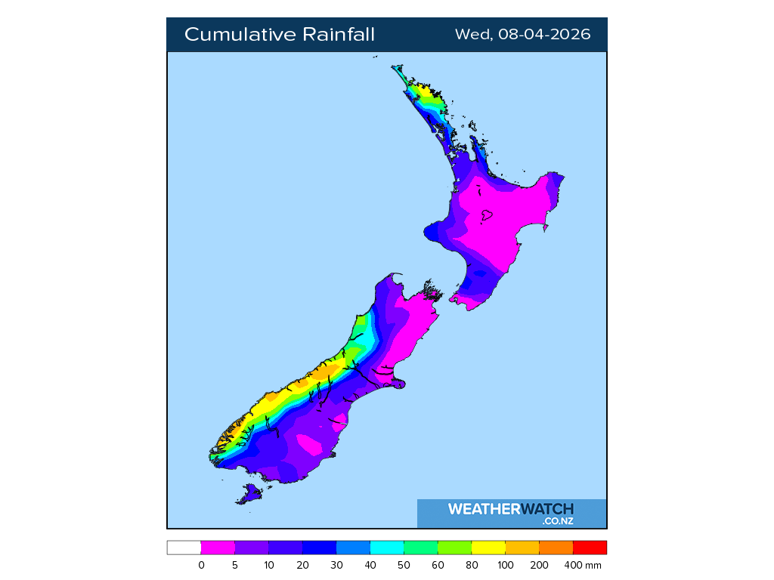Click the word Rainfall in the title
(x=339, y=35)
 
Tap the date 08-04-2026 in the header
(x=544, y=35)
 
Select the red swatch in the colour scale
(x=590, y=548)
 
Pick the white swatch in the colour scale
(x=184, y=548)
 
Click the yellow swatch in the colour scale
(x=488, y=548)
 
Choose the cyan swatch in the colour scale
(x=387, y=548)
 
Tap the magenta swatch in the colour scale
(x=218, y=548)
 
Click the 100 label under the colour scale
(x=506, y=565)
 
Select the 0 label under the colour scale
(x=201, y=565)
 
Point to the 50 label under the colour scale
(x=404, y=565)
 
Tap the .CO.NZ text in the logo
(x=558, y=521)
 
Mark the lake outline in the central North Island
(x=486, y=217)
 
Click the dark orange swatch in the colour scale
(x=556, y=548)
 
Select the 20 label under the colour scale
(x=302, y=565)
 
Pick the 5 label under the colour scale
(x=235, y=565)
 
